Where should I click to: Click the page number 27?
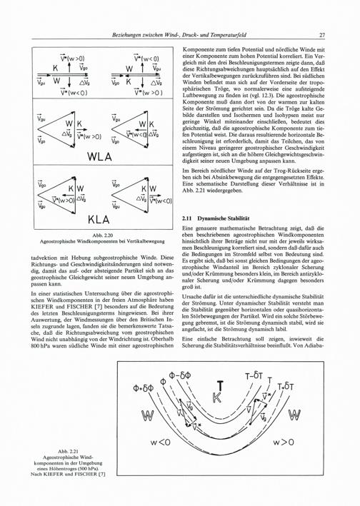click(322, 35)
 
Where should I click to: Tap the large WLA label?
click(99, 156)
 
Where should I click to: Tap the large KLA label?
click(99, 220)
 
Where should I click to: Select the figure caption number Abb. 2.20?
click(102, 236)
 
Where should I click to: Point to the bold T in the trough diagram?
click(220, 386)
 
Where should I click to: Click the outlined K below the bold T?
click(217, 398)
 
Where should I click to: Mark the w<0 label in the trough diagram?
click(160, 442)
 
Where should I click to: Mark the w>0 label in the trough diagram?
click(284, 442)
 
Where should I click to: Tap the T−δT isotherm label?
click(254, 375)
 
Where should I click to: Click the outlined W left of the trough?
click(148, 415)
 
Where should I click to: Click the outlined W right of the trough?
click(294, 415)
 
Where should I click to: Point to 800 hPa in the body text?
click(41, 346)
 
